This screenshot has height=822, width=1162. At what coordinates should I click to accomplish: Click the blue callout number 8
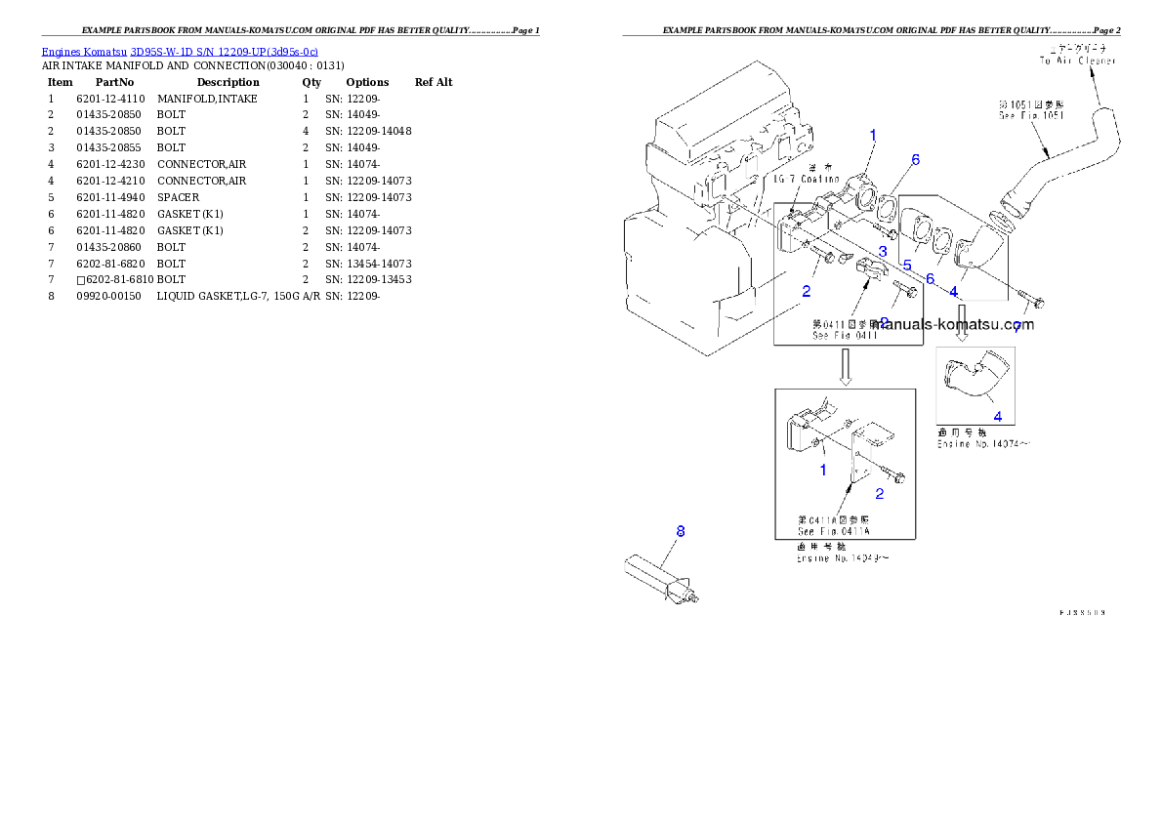(x=681, y=531)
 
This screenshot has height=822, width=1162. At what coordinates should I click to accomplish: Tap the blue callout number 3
(x=882, y=252)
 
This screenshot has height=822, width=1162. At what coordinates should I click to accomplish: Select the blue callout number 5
(x=906, y=265)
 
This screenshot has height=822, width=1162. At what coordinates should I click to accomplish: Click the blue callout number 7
(x=1017, y=329)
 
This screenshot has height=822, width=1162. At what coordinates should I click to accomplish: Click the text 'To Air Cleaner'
(x=1077, y=61)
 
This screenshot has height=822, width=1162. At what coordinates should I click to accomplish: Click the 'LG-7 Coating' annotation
(x=807, y=179)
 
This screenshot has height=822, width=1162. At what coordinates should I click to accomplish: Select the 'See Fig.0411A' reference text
(x=833, y=531)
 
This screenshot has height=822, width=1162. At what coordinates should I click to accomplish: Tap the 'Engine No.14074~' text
(x=983, y=443)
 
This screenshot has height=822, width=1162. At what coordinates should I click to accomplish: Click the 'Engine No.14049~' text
(x=843, y=559)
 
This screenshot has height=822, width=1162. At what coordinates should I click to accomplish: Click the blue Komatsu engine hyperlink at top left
(x=180, y=51)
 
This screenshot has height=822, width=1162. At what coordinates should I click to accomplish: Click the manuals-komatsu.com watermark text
(x=955, y=324)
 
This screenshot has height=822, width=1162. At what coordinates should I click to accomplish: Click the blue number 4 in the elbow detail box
(x=997, y=416)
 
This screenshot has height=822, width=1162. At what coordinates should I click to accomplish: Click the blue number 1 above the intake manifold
(x=873, y=136)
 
